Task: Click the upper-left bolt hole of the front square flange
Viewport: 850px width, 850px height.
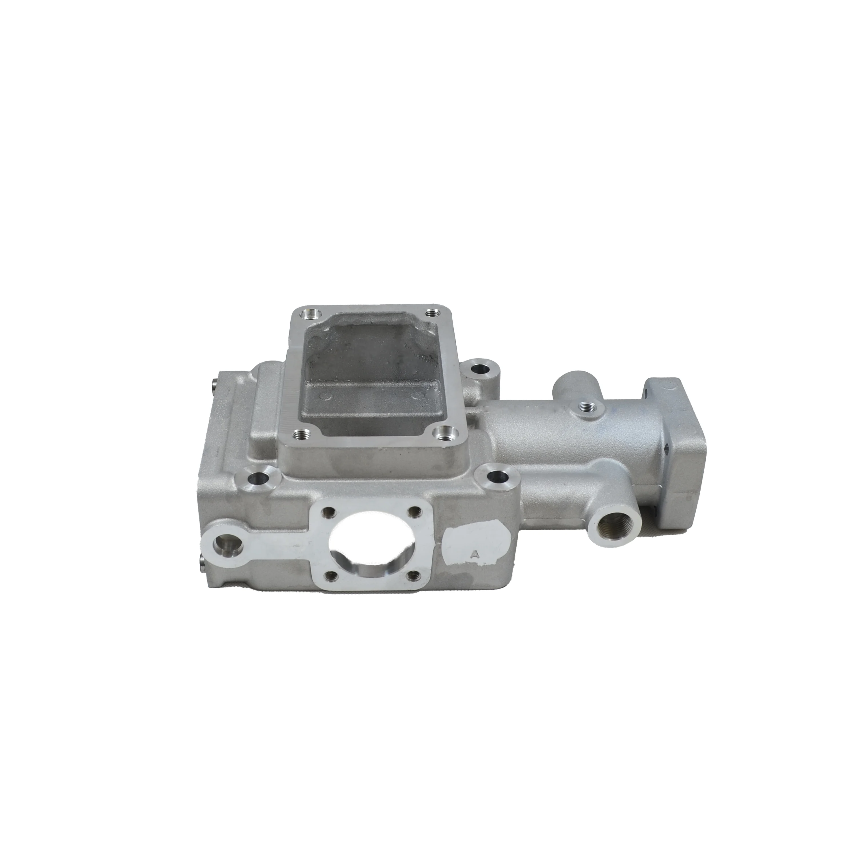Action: pyautogui.click(x=328, y=511)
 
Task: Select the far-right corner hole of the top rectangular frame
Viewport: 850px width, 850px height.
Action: pyautogui.click(x=433, y=313)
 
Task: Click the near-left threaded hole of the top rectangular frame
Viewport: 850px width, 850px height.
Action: pyautogui.click(x=301, y=435)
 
